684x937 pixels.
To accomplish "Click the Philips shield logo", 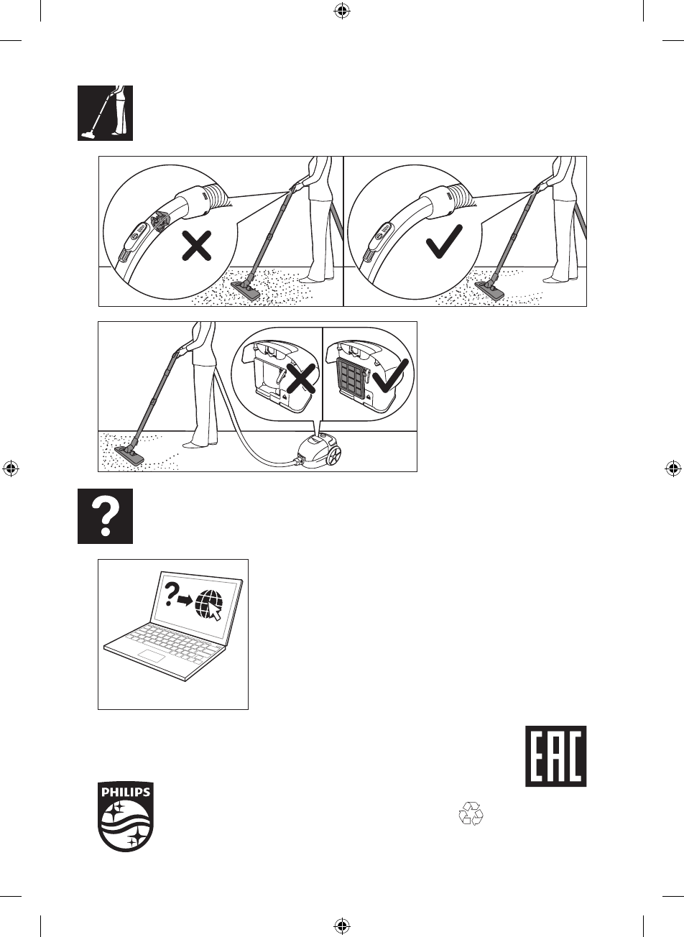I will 126,817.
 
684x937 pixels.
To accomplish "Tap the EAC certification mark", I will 555,756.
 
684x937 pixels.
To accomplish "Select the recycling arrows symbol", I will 471,813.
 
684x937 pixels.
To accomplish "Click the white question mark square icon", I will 106,516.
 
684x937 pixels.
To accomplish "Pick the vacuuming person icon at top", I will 106,113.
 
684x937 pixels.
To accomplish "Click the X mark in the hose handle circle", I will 197,247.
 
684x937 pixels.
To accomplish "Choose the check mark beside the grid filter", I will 391,374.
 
